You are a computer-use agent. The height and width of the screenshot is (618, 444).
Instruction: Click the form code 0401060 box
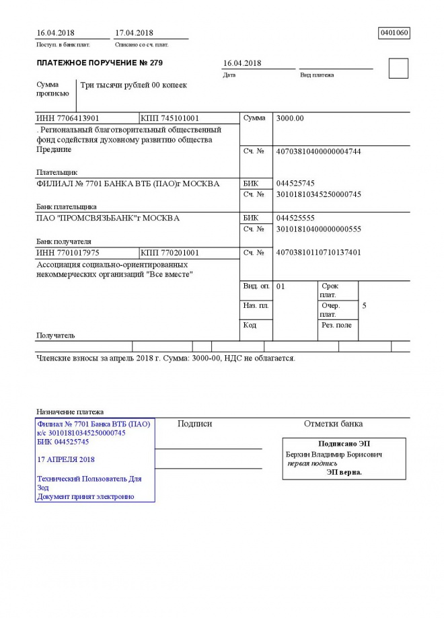point(395,32)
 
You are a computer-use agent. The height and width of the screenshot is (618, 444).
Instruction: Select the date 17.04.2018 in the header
point(135,32)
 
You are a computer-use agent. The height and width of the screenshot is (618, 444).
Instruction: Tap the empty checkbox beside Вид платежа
point(398,69)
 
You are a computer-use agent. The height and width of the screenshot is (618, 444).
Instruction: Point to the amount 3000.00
point(290,118)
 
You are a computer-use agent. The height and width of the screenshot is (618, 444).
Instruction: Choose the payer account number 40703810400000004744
point(318,151)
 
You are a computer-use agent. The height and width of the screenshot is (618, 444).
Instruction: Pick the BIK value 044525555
point(295,218)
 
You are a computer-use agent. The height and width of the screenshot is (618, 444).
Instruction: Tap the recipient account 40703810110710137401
point(318,253)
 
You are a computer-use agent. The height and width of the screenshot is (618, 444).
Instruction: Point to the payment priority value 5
point(364,306)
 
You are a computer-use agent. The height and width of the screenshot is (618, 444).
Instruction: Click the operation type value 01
point(281,286)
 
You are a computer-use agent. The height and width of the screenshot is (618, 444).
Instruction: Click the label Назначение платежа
point(70,412)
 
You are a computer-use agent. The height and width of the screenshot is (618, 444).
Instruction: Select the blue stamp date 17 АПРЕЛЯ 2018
point(67,459)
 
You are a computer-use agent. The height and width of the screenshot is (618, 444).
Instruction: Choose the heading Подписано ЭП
point(344,444)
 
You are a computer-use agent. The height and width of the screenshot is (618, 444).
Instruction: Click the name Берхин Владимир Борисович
point(334,455)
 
